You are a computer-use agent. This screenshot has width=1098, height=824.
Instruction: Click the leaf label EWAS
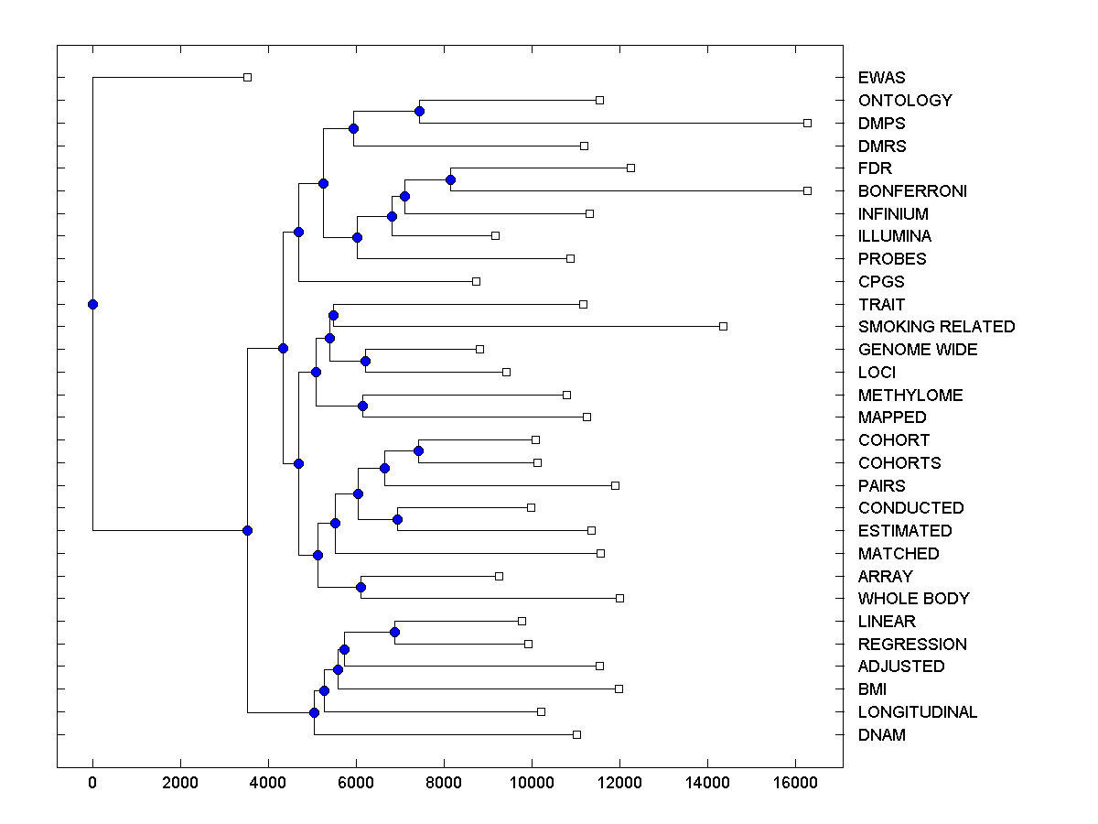(x=881, y=78)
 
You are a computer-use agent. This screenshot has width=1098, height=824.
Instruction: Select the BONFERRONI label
(x=912, y=191)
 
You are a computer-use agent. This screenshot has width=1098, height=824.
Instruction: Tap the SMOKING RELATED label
(x=936, y=327)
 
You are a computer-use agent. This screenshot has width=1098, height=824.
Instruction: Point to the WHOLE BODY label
(x=913, y=599)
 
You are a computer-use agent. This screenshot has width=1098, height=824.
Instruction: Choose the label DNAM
(x=881, y=734)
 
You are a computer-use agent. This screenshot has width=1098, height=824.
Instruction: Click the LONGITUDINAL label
(x=918, y=712)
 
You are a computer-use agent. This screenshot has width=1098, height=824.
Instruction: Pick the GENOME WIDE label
(x=918, y=350)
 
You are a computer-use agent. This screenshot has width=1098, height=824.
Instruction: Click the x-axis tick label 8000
(x=444, y=783)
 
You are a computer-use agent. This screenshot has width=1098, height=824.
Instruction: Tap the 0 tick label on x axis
(x=92, y=783)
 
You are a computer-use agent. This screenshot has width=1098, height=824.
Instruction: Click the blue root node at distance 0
(x=92, y=304)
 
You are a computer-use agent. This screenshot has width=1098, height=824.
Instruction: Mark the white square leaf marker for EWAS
(x=247, y=78)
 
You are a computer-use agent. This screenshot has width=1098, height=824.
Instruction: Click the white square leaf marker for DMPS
(x=807, y=123)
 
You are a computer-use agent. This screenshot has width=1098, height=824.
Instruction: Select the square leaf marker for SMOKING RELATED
(x=723, y=326)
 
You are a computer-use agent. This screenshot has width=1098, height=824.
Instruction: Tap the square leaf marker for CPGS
(x=476, y=281)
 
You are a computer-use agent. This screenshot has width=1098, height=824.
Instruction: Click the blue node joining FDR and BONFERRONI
(x=450, y=179)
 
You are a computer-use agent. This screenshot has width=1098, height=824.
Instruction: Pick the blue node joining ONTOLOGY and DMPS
(x=419, y=112)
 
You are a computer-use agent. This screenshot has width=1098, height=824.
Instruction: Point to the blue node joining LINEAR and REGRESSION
(x=394, y=632)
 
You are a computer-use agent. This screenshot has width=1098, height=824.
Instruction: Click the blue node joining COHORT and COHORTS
(x=418, y=450)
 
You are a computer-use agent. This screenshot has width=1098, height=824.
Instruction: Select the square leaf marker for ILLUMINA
(x=495, y=235)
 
